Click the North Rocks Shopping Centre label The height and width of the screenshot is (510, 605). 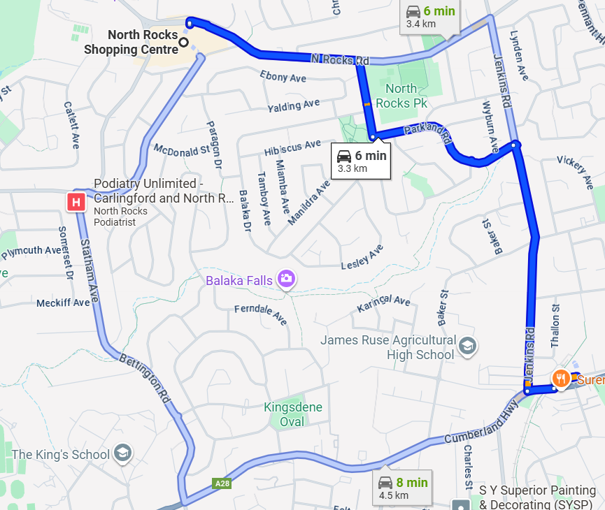click(131, 42)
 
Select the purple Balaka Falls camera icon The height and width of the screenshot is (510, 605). click(286, 279)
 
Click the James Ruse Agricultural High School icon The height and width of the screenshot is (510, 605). click(467, 345)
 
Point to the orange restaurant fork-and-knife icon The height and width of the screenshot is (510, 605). click(560, 379)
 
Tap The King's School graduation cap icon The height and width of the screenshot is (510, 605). click(122, 453)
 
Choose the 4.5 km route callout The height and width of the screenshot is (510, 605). click(402, 488)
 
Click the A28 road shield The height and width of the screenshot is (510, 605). click(222, 483)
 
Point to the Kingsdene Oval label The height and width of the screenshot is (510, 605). click(294, 414)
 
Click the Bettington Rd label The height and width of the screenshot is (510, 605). click(145, 378)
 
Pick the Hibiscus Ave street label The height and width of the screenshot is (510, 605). click(292, 148)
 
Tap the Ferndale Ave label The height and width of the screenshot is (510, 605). click(260, 314)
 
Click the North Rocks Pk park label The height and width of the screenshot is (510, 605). click(401, 95)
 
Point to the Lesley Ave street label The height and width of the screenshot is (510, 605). click(362, 257)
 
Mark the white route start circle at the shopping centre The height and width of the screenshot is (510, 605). click(184, 43)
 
